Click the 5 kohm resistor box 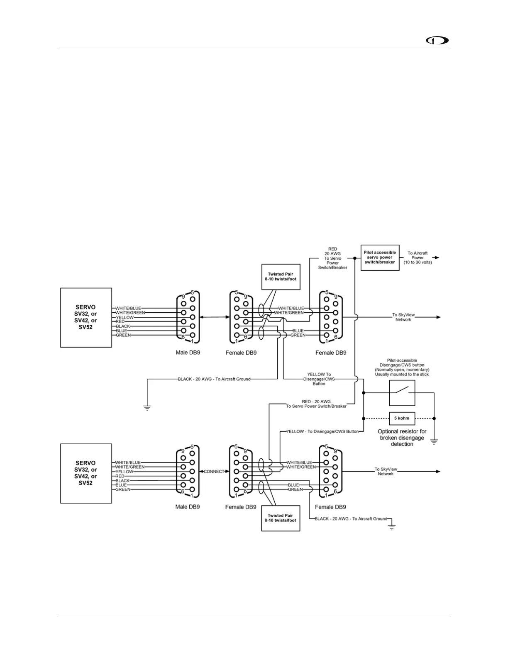pyautogui.click(x=402, y=418)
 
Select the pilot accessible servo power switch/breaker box pyautogui.click(x=380, y=258)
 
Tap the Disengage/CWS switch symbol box pyautogui.click(x=402, y=393)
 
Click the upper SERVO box pyautogui.click(x=86, y=317)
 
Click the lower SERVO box pyautogui.click(x=86, y=473)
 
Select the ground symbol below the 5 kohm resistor pyautogui.click(x=434, y=442)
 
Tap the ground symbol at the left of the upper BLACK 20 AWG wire pyautogui.click(x=147, y=407)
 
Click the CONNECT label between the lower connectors pyautogui.click(x=214, y=472)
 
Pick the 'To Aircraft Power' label pyautogui.click(x=418, y=258)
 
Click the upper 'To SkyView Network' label pyautogui.click(x=403, y=317)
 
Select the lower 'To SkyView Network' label pyautogui.click(x=386, y=472)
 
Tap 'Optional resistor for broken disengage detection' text pyautogui.click(x=402, y=438)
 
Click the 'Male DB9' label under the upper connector pyautogui.click(x=188, y=353)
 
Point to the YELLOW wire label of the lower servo pyautogui.click(x=125, y=472)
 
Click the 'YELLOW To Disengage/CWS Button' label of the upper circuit pyautogui.click(x=319, y=379)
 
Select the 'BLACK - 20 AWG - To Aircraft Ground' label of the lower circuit pyautogui.click(x=351, y=518)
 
